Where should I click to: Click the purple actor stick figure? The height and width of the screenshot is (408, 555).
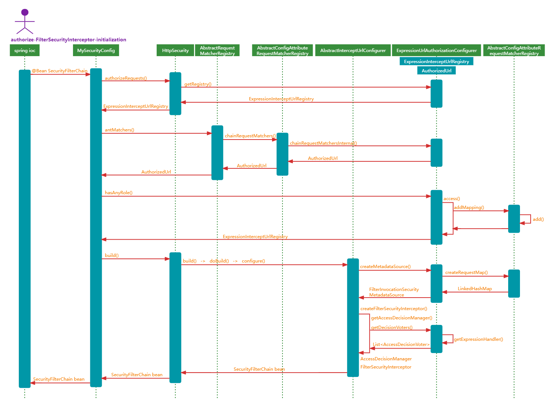coord(25,21)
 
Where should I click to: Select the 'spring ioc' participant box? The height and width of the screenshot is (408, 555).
coord(25,51)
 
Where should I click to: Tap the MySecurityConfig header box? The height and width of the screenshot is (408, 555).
coord(96,51)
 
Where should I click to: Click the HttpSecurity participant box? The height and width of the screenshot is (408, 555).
coord(175,51)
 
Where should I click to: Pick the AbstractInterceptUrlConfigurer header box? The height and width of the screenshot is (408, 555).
coord(353,51)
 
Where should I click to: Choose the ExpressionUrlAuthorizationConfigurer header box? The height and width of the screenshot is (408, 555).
coord(437,51)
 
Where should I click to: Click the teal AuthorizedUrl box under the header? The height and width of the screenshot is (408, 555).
coord(436,71)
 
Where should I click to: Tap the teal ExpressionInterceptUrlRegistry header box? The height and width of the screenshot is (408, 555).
coord(436,61)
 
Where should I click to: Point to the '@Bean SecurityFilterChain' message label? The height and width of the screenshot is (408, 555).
coord(59,71)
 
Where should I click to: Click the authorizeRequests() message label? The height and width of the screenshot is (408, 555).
coord(126,78)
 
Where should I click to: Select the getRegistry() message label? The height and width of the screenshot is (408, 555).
coord(198,84)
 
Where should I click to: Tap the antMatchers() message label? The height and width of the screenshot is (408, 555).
coord(119,130)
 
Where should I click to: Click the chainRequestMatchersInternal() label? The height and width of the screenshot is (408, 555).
coord(323,143)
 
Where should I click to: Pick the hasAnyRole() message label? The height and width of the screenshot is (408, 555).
coord(119,193)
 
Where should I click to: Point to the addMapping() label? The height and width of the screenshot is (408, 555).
coord(469,208)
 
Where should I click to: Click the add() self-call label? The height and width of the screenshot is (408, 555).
coord(538,219)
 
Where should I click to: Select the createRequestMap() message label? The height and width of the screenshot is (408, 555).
coord(466,272)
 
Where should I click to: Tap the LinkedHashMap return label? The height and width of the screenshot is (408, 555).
coord(475,289)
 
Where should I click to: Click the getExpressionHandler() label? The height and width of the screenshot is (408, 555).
coord(478,339)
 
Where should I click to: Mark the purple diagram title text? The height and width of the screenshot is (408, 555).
coord(68,40)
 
